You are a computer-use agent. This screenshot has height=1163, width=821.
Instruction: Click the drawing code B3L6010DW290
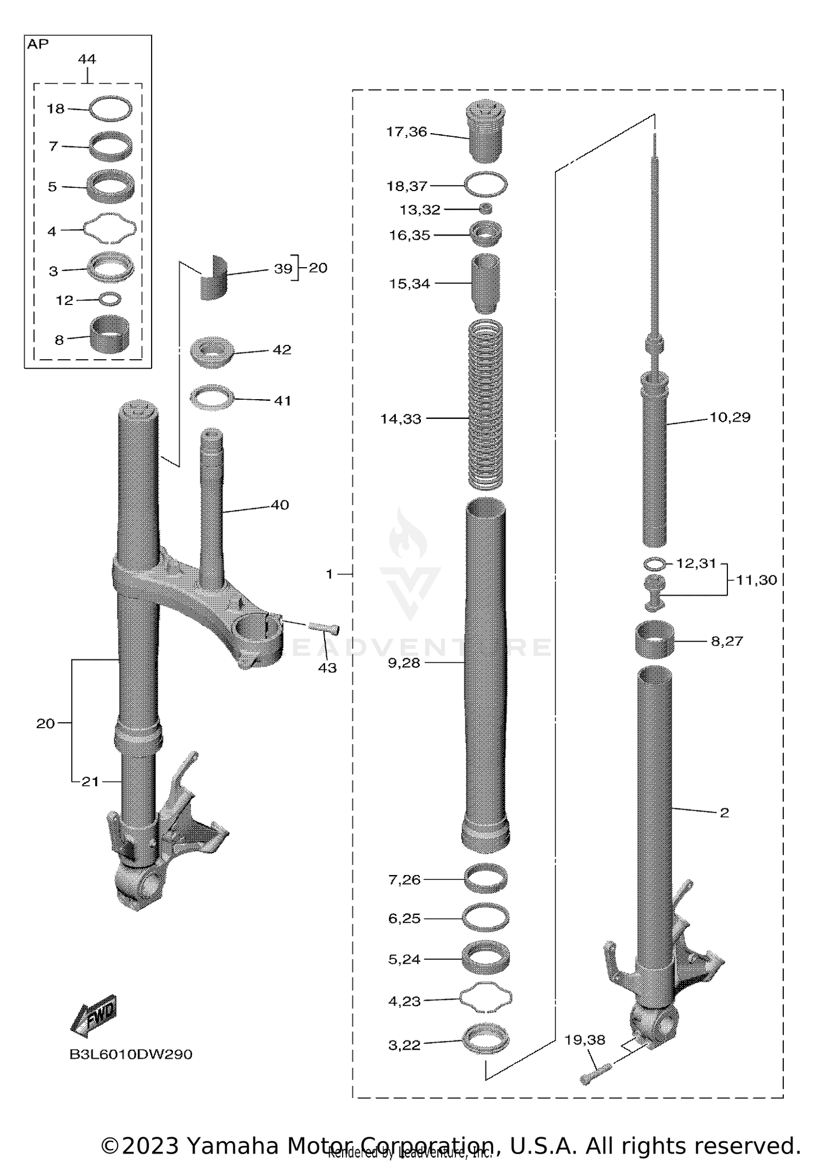pyautogui.click(x=131, y=1054)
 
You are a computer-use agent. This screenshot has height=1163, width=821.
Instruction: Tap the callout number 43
pyautogui.click(x=327, y=667)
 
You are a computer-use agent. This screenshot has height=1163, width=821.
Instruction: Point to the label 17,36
pyautogui.click(x=406, y=132)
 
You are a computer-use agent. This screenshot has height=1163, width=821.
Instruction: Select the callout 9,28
pyautogui.click(x=403, y=663)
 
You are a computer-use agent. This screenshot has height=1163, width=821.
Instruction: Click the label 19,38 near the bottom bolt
pyautogui.click(x=585, y=1040)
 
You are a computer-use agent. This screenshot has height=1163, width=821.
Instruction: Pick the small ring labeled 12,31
pyautogui.click(x=655, y=563)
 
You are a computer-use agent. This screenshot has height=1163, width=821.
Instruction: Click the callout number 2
pyautogui.click(x=724, y=813)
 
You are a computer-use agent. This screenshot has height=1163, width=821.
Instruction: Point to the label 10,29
pyautogui.click(x=730, y=417)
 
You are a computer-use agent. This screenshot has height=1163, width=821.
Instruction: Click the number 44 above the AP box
pyautogui.click(x=87, y=59)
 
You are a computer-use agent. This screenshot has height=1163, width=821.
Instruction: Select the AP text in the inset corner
pyautogui.click(x=38, y=44)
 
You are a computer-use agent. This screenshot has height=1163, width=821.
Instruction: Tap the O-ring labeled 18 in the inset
pyautogui.click(x=111, y=108)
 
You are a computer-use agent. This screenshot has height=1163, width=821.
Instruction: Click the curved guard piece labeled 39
pyautogui.click(x=213, y=278)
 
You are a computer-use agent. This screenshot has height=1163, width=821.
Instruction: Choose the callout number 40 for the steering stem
pyautogui.click(x=280, y=505)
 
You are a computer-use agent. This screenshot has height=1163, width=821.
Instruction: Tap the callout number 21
pyautogui.click(x=90, y=781)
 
